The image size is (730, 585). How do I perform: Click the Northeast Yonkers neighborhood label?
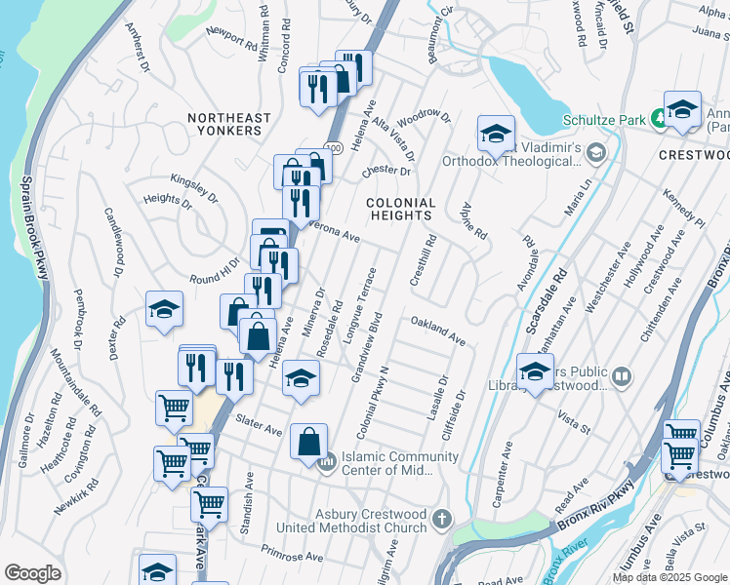click(229, 127)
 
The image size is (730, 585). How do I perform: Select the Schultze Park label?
click(605, 120)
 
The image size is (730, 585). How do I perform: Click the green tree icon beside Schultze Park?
click(659, 119)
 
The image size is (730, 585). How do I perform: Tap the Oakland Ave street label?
click(437, 330)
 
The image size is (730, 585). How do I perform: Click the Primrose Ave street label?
click(292, 553)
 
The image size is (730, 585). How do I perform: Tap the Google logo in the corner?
click(32, 573)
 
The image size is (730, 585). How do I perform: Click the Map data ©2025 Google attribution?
click(669, 577)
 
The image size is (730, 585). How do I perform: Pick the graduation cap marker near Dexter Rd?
click(165, 311)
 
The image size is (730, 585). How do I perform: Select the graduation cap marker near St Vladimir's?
click(496, 134)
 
